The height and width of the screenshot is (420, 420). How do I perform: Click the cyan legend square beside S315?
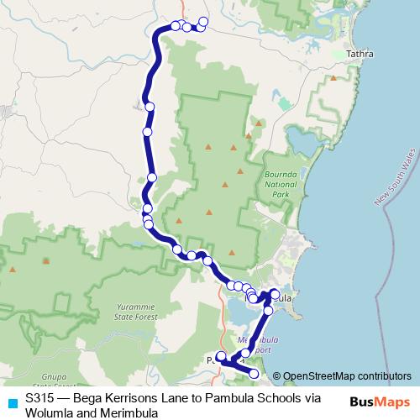(x=12, y=402)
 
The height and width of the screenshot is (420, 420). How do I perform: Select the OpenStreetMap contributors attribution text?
(x=347, y=376)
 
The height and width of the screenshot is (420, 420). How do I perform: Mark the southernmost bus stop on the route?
(x=254, y=373)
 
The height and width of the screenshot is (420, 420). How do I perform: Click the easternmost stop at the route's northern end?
(x=203, y=22)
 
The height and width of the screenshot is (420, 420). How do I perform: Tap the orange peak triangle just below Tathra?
(x=334, y=78)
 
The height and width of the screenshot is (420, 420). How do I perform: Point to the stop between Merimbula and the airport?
(x=268, y=310)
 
